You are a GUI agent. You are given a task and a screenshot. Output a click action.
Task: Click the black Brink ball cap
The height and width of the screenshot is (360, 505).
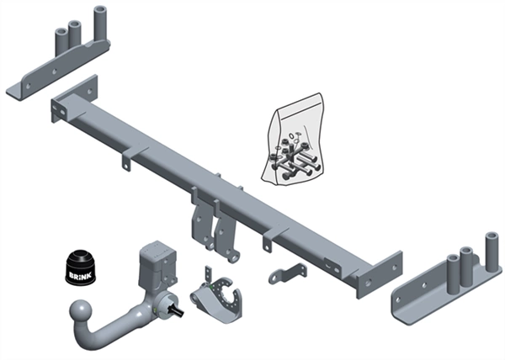80,267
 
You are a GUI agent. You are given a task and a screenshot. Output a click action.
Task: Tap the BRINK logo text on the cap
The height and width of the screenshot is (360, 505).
80,276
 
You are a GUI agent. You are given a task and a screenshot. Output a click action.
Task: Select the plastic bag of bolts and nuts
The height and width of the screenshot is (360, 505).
292,140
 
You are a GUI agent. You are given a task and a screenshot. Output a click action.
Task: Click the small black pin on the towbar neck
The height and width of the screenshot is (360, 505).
178,310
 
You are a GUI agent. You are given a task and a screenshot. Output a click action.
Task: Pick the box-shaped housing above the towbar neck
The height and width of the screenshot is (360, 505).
158,262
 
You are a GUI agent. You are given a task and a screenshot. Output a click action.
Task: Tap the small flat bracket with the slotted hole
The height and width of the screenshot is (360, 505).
288,273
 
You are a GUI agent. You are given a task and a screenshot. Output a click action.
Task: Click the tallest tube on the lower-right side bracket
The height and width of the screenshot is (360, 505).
492,253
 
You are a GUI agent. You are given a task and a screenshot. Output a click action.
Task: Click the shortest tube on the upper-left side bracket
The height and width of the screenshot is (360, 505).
61,41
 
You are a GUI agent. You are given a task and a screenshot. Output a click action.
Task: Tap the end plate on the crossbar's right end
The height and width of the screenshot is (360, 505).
380,275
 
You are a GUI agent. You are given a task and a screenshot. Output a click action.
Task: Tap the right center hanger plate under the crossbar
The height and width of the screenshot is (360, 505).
226,232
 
